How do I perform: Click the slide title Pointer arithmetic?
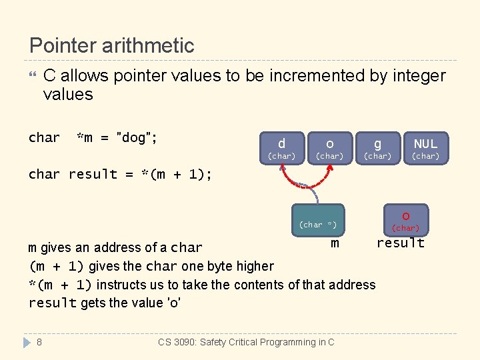coord(112,45)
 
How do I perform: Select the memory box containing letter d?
coord(281,147)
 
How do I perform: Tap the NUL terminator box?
coord(425,147)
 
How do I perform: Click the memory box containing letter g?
coord(377,147)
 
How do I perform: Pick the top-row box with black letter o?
coord(329,147)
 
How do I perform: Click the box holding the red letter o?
coord(405,219)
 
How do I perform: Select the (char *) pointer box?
coord(318,221)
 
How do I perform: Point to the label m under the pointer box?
coord(335,244)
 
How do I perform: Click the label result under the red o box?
coord(400,243)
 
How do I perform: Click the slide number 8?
coord(39,342)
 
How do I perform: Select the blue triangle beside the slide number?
coord(27,342)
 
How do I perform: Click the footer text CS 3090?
coord(246,342)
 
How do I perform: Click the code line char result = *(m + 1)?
coord(120,174)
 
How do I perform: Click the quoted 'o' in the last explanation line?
coord(175,303)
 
